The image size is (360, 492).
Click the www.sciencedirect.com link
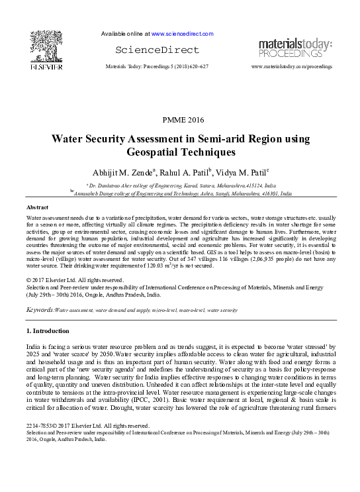[x=182, y=33]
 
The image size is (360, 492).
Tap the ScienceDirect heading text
[x=157, y=50]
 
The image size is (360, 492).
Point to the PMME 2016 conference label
[x=183, y=119]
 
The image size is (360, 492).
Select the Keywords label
[x=39, y=310]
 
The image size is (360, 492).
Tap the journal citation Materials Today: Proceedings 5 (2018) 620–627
[x=158, y=68]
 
